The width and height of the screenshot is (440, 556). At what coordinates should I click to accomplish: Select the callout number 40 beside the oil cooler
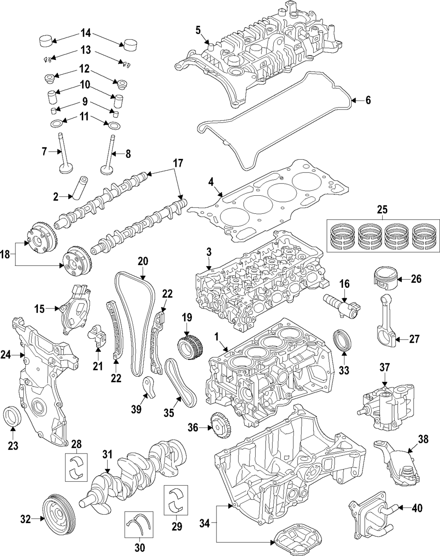click(416, 508)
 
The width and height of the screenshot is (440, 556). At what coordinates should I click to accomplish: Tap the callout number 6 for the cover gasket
click(367, 100)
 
